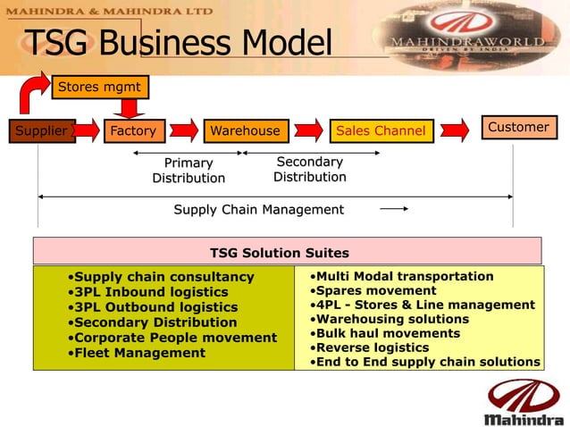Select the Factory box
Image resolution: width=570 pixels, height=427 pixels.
(133, 131)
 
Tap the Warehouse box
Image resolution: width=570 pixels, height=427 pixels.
(246, 131)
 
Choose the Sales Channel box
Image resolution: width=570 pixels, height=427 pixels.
(381, 131)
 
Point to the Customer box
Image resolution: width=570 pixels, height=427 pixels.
(519, 128)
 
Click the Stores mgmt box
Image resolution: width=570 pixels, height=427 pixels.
(98, 87)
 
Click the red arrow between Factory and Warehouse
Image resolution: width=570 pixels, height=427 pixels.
(185, 130)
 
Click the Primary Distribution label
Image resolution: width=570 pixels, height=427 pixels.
(189, 171)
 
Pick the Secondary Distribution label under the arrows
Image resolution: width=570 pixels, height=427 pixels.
(310, 170)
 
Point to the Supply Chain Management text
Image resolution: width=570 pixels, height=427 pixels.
(258, 210)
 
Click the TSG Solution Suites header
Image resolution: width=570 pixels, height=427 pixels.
(280, 254)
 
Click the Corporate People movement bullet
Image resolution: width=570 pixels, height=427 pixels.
(175, 338)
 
